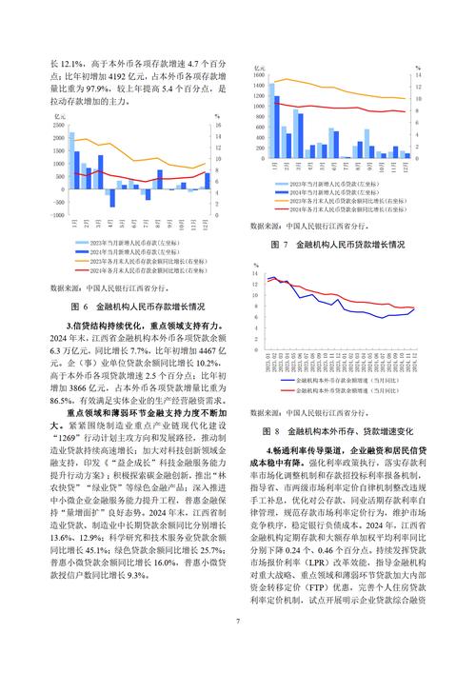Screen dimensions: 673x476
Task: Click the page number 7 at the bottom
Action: click(x=238, y=623)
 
